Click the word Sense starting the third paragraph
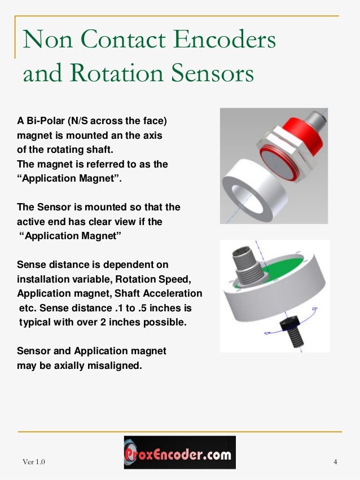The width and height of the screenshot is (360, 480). point(32,265)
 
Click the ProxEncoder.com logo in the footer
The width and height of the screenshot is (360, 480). point(179,452)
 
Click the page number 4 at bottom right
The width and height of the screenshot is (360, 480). point(335,463)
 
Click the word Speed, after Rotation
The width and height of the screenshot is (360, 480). point(185,279)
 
